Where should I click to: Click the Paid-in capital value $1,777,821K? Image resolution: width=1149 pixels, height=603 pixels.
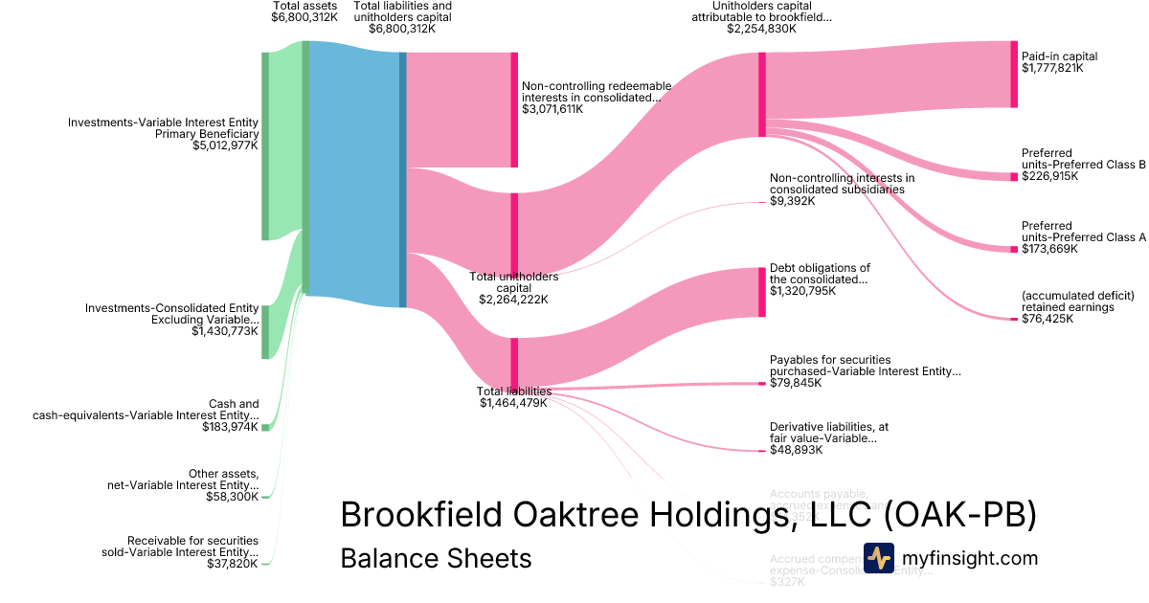point(1052,69)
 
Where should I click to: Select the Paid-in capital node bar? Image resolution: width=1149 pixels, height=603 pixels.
point(1014,75)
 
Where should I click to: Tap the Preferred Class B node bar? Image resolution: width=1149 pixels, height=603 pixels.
point(1014,176)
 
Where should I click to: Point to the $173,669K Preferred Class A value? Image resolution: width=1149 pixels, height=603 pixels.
point(1049,249)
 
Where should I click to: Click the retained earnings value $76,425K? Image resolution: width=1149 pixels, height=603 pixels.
point(1048,320)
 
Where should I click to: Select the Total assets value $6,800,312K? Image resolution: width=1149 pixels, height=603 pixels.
point(304,17)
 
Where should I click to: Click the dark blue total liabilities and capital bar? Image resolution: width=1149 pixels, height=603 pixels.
point(403,180)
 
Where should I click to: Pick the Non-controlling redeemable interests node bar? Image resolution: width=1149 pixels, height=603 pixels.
point(514,110)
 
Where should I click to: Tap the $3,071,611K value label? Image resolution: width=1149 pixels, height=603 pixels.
point(552,110)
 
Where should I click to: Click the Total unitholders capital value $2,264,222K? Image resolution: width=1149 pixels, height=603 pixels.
point(513,300)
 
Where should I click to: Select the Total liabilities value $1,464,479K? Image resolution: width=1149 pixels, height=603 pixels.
point(513,403)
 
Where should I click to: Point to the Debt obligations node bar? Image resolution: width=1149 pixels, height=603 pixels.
point(762,293)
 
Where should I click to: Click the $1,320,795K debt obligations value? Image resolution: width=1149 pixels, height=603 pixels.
point(802,292)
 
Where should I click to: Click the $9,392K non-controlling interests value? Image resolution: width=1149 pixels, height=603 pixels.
point(792,201)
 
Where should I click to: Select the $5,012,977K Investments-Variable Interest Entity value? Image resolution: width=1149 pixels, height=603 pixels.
point(225,146)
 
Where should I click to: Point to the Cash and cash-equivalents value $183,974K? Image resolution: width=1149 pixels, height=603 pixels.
point(230,427)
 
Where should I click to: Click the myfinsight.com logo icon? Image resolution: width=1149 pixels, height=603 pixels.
point(879,558)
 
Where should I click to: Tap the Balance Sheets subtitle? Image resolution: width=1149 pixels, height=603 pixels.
point(436,558)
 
